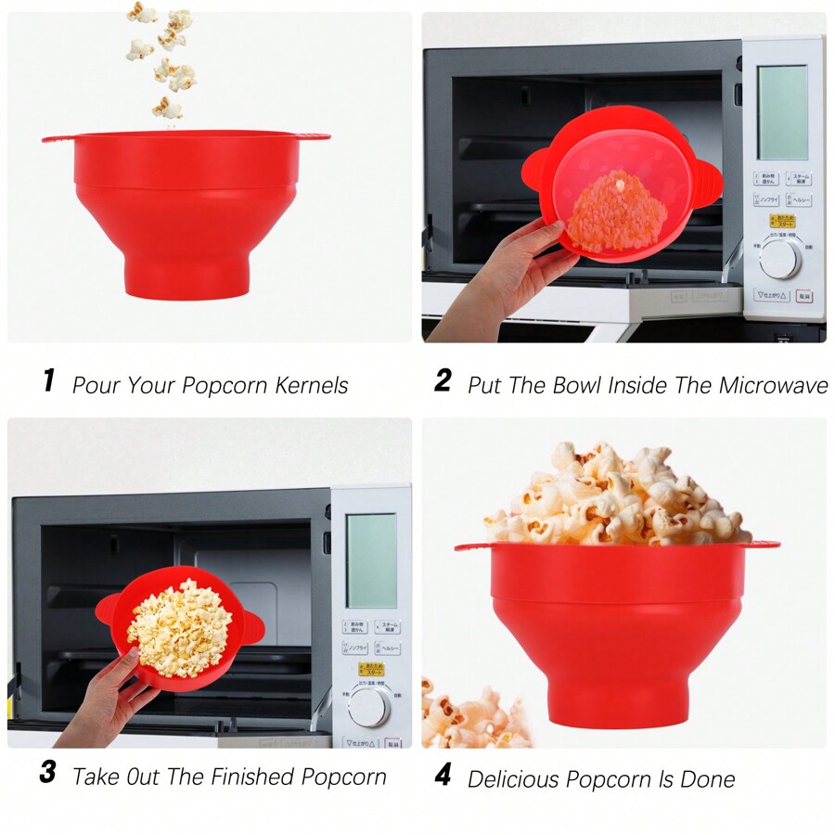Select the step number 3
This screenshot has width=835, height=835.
[47, 773]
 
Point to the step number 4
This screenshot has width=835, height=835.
[443, 775]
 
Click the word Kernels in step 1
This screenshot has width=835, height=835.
[312, 385]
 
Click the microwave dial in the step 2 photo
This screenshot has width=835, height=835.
[779, 260]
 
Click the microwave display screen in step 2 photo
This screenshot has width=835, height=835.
[782, 112]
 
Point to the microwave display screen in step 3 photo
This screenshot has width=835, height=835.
[372, 560]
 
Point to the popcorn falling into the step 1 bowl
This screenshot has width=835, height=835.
[165, 56]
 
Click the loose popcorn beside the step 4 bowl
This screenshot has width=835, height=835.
[469, 714]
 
